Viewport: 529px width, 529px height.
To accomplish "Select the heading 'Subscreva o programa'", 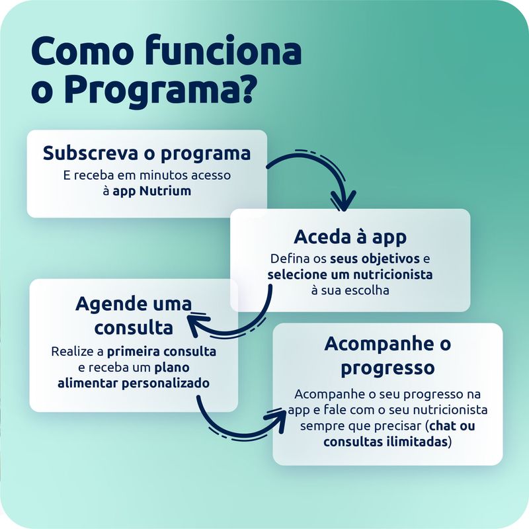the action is [x=147, y=154].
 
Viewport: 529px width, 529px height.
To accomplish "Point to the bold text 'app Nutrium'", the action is [x=152, y=191].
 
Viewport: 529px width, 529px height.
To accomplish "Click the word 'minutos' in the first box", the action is [x=164, y=175].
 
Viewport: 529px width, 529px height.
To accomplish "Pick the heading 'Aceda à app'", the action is [x=350, y=237].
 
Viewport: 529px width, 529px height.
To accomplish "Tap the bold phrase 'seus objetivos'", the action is [x=375, y=259].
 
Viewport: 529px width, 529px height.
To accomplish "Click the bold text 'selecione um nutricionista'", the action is [x=350, y=274].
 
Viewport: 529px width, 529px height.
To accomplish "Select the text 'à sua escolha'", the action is [x=350, y=290].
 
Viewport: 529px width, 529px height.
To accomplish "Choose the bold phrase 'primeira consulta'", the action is [x=161, y=352].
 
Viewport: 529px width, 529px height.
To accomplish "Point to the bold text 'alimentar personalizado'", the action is [x=134, y=384].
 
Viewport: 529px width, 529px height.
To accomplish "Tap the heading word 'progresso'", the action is [x=387, y=368].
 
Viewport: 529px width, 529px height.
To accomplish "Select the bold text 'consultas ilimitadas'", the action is [x=386, y=442].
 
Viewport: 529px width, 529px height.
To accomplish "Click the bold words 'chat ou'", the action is [x=452, y=426].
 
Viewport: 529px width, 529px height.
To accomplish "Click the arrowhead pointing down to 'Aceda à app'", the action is [x=343, y=201].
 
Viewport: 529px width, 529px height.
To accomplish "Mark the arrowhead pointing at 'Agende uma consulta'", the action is [x=198, y=325].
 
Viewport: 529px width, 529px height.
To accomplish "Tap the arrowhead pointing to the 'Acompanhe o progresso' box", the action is [x=278, y=419].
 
